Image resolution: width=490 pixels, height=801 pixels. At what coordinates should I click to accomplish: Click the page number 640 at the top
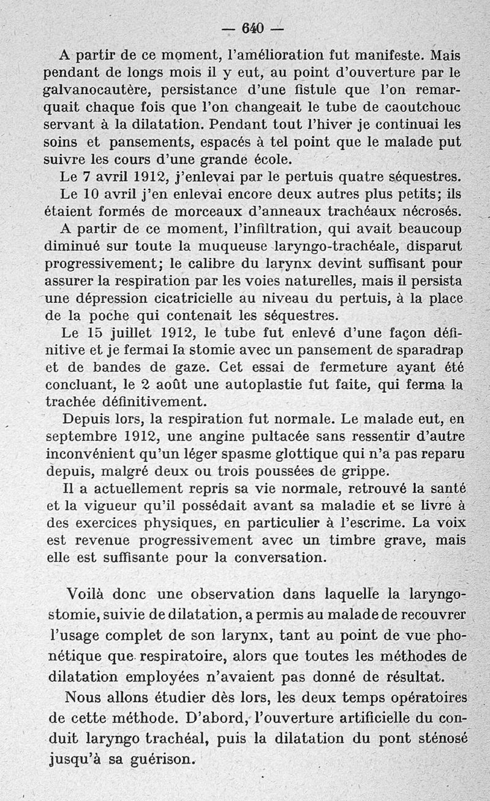click(x=252, y=28)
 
